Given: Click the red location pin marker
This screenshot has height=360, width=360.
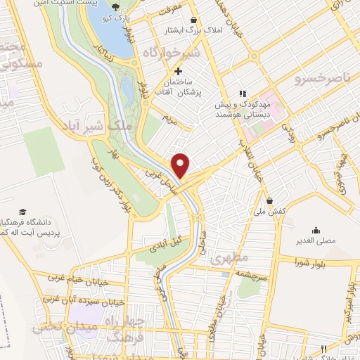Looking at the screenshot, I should [182, 165].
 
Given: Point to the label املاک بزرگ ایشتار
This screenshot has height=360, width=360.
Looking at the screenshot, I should [173, 31].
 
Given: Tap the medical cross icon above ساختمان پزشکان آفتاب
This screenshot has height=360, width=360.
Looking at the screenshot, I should [178, 71].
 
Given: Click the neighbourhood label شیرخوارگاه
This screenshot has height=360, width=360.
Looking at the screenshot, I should [172, 53].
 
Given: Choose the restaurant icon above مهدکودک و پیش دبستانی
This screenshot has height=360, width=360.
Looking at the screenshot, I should [242, 93].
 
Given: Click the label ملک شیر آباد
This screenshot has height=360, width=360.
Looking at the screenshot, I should [113, 124].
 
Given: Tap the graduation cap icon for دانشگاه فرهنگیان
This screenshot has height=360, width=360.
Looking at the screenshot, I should [22, 212].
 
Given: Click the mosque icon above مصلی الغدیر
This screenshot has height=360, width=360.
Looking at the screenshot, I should [316, 229].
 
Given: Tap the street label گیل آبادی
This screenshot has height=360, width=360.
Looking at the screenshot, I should [166, 240].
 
